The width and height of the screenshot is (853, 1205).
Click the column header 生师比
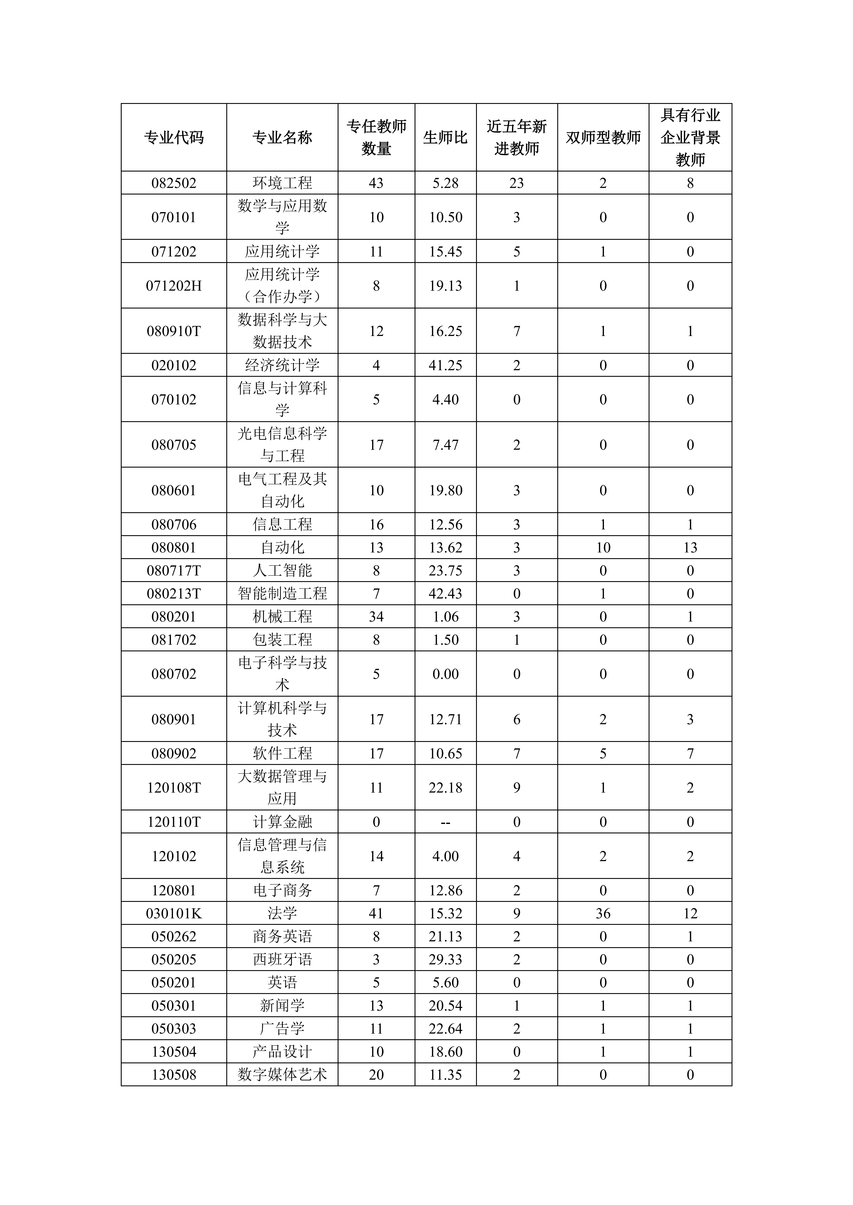445,138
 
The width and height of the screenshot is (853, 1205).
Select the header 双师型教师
603,138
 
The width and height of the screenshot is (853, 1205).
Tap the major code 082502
174,183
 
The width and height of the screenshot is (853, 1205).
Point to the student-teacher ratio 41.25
445,365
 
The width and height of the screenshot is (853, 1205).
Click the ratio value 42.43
445,594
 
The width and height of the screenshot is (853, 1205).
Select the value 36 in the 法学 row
603,914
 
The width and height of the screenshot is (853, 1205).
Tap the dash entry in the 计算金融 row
445,822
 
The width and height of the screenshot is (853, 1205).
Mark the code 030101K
174,914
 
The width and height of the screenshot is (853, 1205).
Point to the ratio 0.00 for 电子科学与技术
445,674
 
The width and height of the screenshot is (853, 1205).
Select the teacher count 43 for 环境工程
376,183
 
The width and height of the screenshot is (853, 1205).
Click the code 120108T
174,788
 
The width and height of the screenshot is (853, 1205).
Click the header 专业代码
174,138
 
